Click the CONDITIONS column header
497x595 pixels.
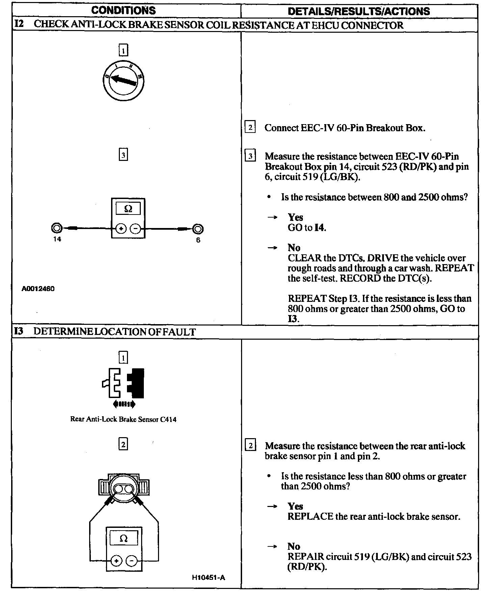[x=124, y=10]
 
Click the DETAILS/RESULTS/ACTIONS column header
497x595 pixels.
[x=359, y=11]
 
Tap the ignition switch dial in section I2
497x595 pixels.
[x=124, y=80]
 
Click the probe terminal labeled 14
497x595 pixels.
[x=56, y=229]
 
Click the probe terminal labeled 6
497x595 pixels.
[x=198, y=229]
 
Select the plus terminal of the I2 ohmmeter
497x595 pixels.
[x=121, y=229]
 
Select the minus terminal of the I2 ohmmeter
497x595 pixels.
[x=135, y=229]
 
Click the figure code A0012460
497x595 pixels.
[x=38, y=289]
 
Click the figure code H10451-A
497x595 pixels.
[x=208, y=577]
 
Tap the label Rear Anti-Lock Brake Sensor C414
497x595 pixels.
[x=123, y=419]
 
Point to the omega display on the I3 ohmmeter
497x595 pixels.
[x=124, y=539]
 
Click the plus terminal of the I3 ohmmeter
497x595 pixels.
[x=116, y=561]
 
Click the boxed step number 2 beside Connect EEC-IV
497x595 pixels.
[x=250, y=128]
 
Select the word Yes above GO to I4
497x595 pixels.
[x=295, y=217]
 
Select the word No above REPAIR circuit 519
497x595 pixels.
[x=294, y=546]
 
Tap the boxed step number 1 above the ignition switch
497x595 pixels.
[x=124, y=51]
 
